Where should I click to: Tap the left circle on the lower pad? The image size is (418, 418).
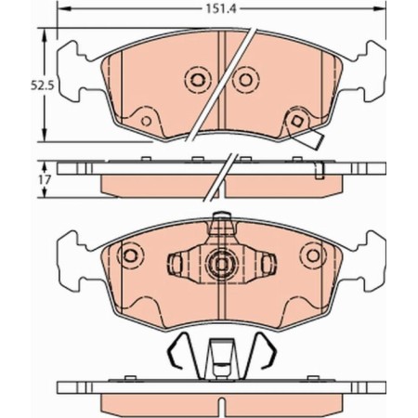pos(131,252)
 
